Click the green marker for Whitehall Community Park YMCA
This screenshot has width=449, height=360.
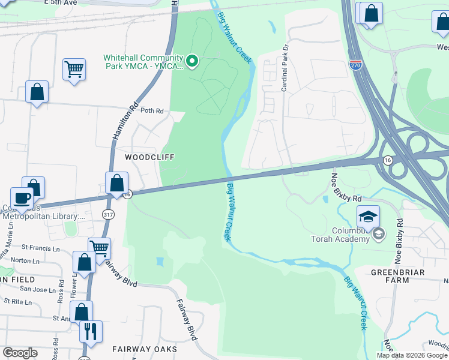[x=192, y=61]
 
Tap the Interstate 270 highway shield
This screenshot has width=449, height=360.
[x=357, y=64]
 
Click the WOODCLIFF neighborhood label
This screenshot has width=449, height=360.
[x=149, y=157]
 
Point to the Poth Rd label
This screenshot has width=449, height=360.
[x=152, y=111]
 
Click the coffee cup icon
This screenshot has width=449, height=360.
[x=22, y=197]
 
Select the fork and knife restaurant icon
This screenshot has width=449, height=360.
[x=91, y=331]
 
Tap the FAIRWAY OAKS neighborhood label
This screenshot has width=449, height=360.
[x=145, y=349]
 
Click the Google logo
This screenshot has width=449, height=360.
[x=20, y=353]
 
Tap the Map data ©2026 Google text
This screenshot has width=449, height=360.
[x=412, y=355]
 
